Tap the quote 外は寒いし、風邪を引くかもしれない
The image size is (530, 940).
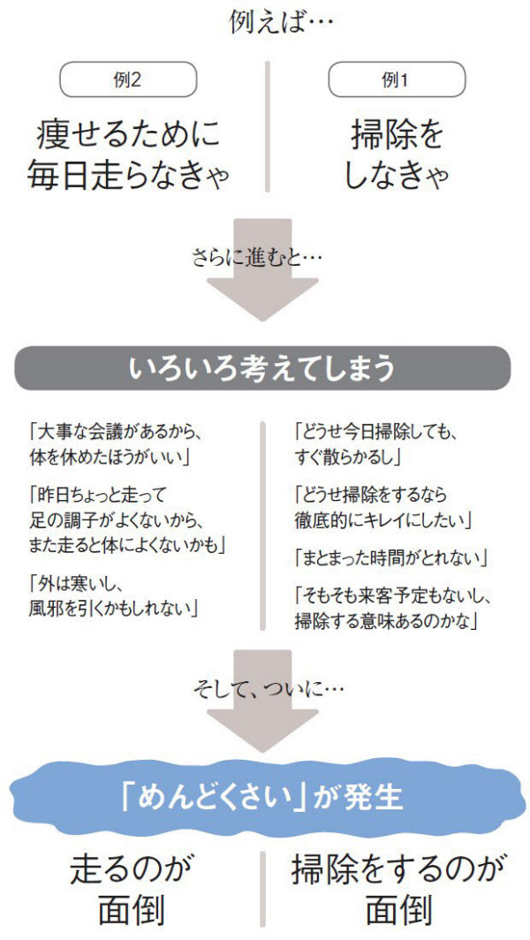(113, 595)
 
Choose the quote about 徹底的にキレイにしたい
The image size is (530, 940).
(382, 505)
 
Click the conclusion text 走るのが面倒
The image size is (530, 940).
(130, 888)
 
